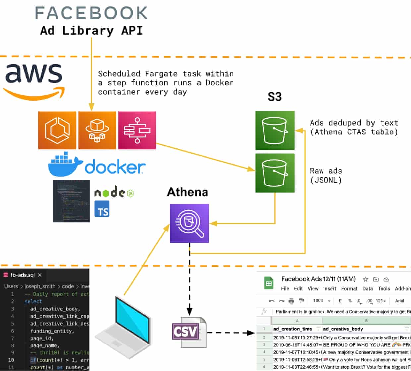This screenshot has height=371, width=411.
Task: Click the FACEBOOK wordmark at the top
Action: tap(91, 13)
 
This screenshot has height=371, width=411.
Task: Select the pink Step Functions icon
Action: tap(137, 130)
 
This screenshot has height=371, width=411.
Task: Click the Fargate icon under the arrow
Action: tap(97, 130)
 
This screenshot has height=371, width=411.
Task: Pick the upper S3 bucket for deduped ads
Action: tap(275, 131)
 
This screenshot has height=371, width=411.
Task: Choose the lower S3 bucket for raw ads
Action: tap(275, 173)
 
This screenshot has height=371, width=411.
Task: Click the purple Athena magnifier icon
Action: tap(189, 223)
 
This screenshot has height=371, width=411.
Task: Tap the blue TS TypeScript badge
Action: tap(102, 209)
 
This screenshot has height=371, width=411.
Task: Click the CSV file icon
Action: tap(189, 332)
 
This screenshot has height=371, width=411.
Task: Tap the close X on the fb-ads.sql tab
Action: tap(40, 275)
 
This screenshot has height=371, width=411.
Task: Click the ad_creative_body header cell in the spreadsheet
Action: tap(343, 329)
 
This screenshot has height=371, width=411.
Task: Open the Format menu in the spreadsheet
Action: tap(349, 289)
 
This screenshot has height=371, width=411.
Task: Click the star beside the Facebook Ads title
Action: tap(365, 279)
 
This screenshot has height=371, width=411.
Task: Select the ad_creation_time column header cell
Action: tap(293, 329)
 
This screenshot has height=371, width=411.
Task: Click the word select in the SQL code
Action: tap(33, 301)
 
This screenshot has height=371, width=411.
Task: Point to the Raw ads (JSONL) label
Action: tap(326, 175)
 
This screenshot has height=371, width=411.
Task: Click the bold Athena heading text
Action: tap(188, 192)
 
